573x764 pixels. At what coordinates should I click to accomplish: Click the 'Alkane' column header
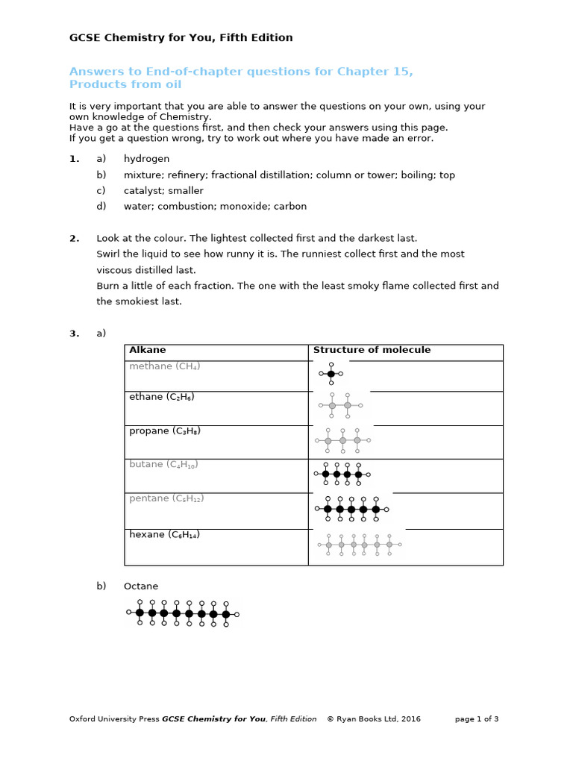(x=148, y=350)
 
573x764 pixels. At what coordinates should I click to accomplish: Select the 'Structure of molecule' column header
(x=372, y=350)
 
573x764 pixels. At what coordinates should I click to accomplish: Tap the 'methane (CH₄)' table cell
(x=164, y=366)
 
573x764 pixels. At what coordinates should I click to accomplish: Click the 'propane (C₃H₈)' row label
(x=165, y=431)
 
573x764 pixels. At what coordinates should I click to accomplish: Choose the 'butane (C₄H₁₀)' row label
(x=163, y=464)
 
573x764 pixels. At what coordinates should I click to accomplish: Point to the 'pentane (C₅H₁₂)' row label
(x=166, y=498)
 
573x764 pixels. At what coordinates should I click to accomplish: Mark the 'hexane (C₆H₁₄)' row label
(x=164, y=535)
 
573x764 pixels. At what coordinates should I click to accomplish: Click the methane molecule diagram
(x=331, y=374)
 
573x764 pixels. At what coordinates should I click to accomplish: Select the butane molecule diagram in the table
(x=342, y=474)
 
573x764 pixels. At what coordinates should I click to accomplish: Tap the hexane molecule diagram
(x=359, y=545)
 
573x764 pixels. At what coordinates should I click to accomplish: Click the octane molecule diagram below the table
(x=183, y=613)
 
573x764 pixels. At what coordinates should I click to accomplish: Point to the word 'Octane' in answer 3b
(x=141, y=586)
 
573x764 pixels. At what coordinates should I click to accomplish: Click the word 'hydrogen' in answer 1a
(x=146, y=159)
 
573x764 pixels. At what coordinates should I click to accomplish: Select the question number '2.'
(x=75, y=238)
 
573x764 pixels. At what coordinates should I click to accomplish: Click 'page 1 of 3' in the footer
(x=477, y=719)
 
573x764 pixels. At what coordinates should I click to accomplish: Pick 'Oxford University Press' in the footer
(x=114, y=719)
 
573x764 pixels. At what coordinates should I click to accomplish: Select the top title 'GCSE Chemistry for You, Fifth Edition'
(x=181, y=37)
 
